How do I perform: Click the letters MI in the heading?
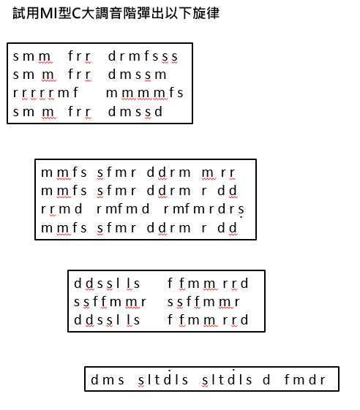[48, 13]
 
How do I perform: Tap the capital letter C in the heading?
[76, 13]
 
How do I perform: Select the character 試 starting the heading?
[19, 13]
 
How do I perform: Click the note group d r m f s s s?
[143, 56]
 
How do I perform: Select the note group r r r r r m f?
[45, 93]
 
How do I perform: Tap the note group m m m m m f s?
[145, 93]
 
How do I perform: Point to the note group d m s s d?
[135, 112]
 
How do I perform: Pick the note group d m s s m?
[137, 75]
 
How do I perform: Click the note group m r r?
[219, 172]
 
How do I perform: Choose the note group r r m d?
[61, 209]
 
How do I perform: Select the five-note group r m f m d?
[123, 209]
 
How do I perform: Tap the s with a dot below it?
[241, 210]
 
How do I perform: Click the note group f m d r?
[305, 379]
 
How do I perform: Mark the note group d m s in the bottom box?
[108, 379]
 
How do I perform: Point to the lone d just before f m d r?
[266, 379]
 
